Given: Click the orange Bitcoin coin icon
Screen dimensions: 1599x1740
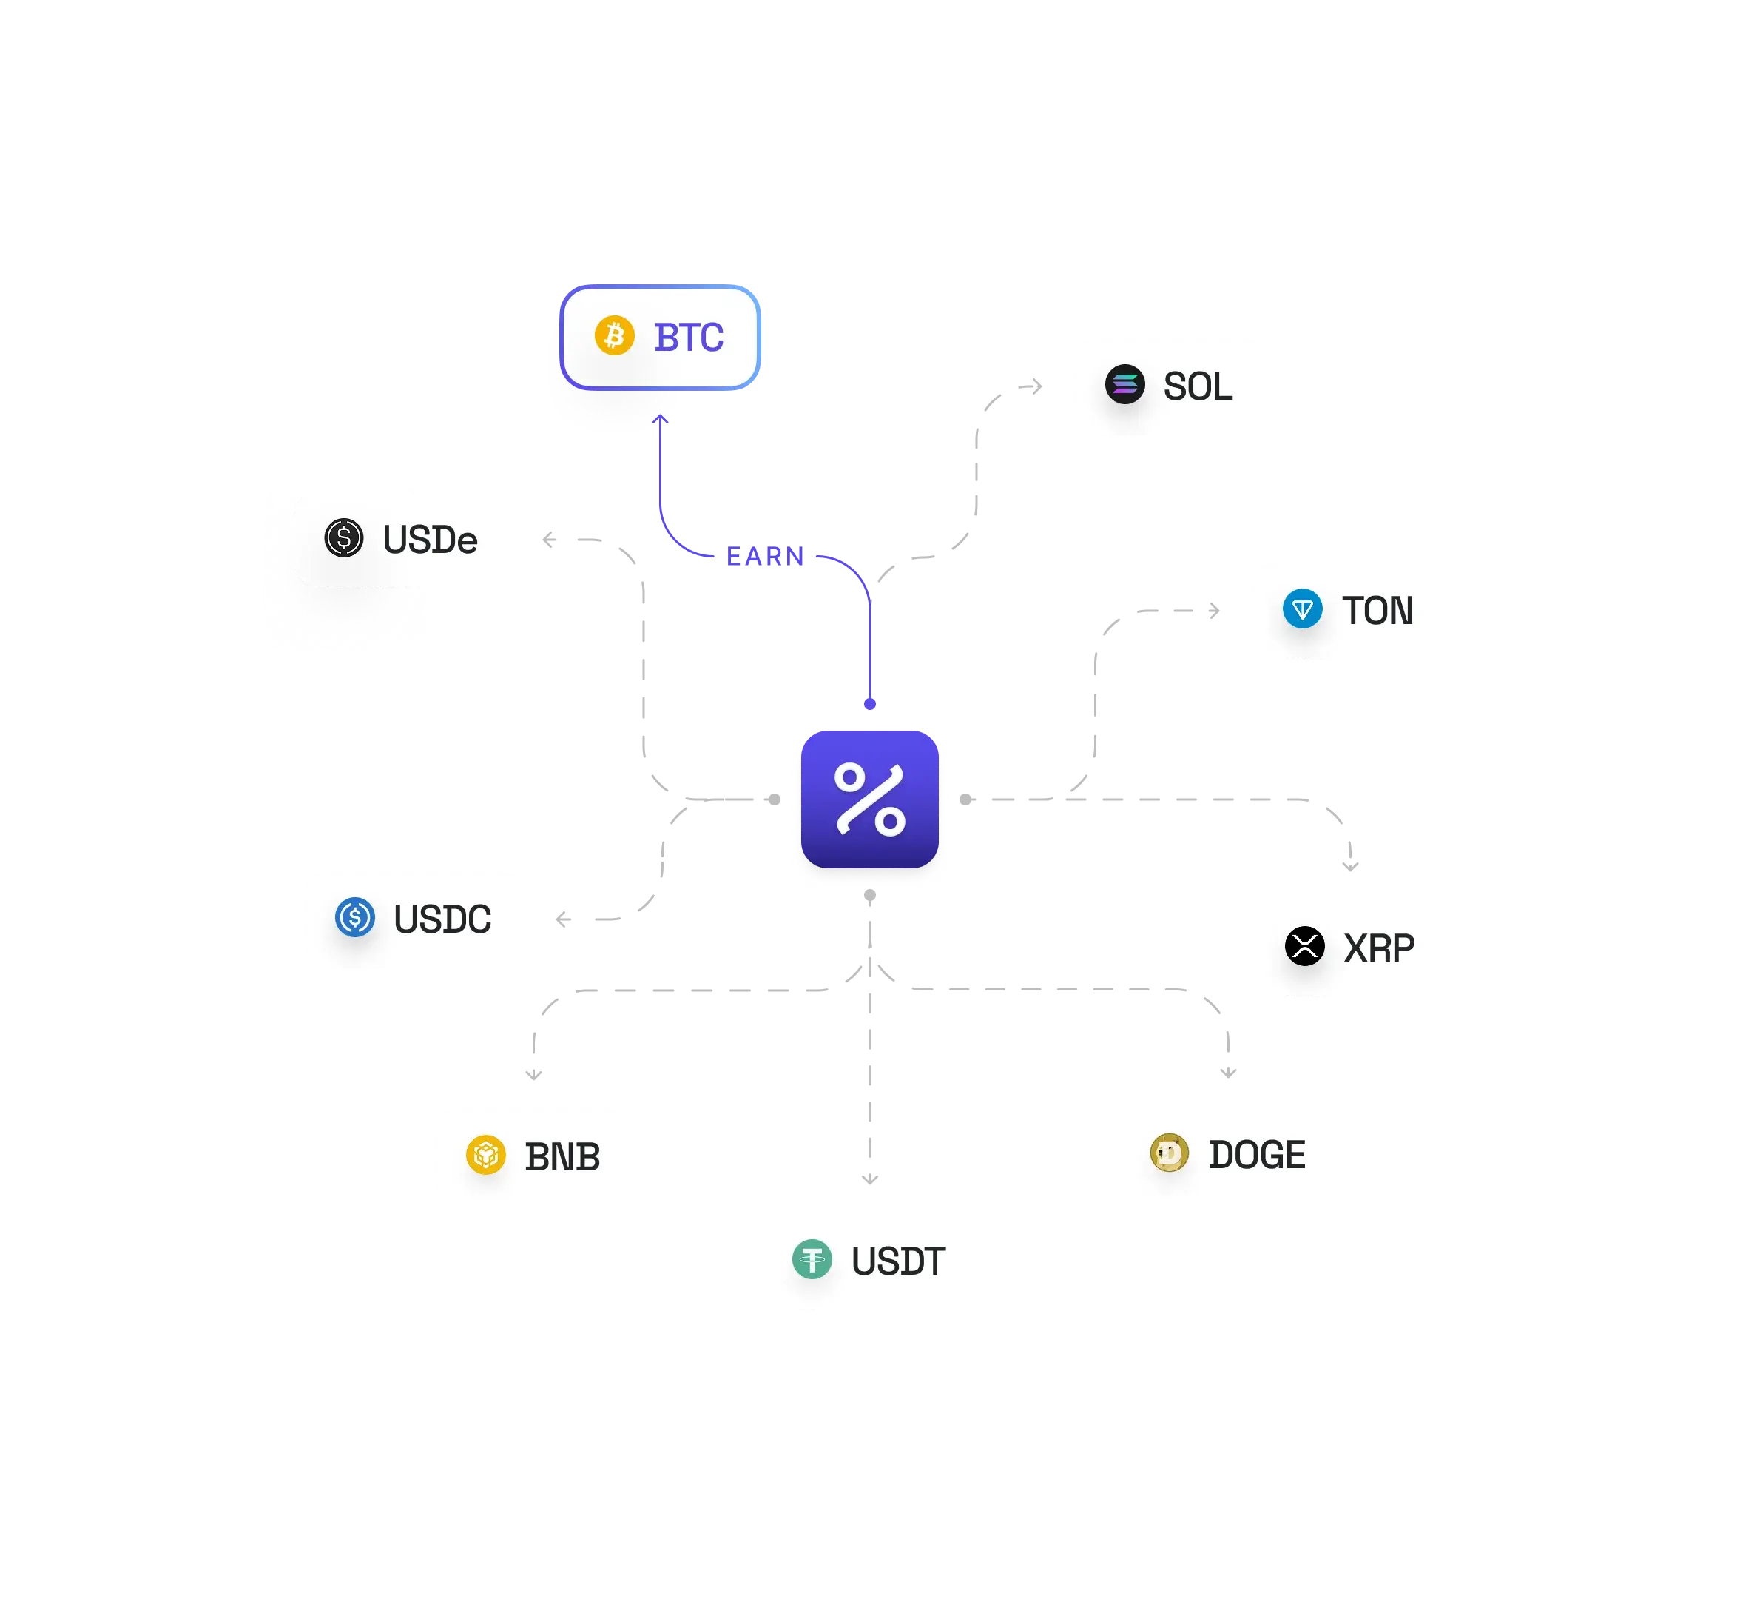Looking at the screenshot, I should coord(614,336).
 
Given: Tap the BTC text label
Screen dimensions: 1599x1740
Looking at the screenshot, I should coord(689,338).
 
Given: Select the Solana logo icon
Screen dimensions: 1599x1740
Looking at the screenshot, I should coord(1124,385).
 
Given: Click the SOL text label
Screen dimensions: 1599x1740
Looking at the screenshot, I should coord(1198,386).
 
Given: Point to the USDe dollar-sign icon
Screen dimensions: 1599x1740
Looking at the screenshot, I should coord(343,538).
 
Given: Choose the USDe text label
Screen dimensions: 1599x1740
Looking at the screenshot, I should coord(430,540).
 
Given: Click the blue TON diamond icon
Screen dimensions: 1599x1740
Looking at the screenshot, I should coord(1302,609).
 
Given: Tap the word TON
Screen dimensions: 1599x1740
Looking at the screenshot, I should coord(1377,611).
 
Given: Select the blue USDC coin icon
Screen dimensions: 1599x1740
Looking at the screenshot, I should coord(354,917).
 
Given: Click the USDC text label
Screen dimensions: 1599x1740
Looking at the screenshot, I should coord(442,919).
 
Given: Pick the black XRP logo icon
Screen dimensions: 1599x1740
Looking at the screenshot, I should coord(1304,946).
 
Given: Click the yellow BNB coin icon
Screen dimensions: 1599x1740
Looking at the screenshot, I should coord(485,1155).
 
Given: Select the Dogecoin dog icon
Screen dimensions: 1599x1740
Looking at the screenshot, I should coord(1169,1153).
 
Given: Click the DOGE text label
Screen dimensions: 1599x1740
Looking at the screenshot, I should coord(1257,1155).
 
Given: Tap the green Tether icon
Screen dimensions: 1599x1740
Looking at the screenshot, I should coord(812,1259).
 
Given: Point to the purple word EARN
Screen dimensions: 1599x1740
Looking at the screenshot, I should coord(766,557).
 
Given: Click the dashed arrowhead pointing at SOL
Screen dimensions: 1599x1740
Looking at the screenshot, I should coord(1034,386).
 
